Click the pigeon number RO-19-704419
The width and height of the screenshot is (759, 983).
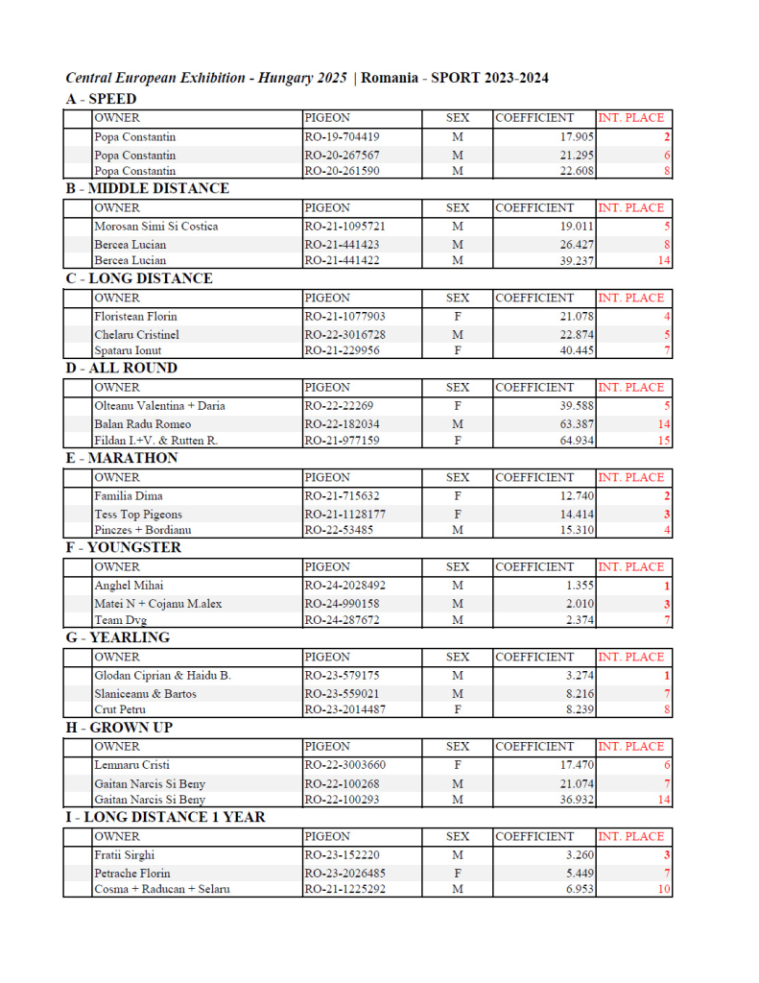click(342, 137)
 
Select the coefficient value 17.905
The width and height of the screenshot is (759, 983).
click(563, 137)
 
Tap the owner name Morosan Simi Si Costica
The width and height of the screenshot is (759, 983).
click(156, 227)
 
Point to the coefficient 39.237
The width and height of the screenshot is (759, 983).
click(563, 260)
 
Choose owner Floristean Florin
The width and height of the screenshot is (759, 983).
click(135, 316)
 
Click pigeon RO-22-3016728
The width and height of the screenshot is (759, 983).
click(345, 334)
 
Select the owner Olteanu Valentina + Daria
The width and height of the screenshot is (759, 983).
click(159, 406)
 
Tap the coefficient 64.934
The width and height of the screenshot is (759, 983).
click(563, 441)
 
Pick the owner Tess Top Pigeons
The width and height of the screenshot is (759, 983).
click(138, 515)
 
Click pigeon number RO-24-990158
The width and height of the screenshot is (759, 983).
click(342, 604)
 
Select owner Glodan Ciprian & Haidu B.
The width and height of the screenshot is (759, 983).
click(162, 676)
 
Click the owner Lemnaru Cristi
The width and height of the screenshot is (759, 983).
click(131, 765)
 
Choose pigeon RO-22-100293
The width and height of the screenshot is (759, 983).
click(342, 800)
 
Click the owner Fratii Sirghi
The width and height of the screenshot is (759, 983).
click(125, 855)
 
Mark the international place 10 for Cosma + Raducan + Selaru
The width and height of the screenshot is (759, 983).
click(663, 890)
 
